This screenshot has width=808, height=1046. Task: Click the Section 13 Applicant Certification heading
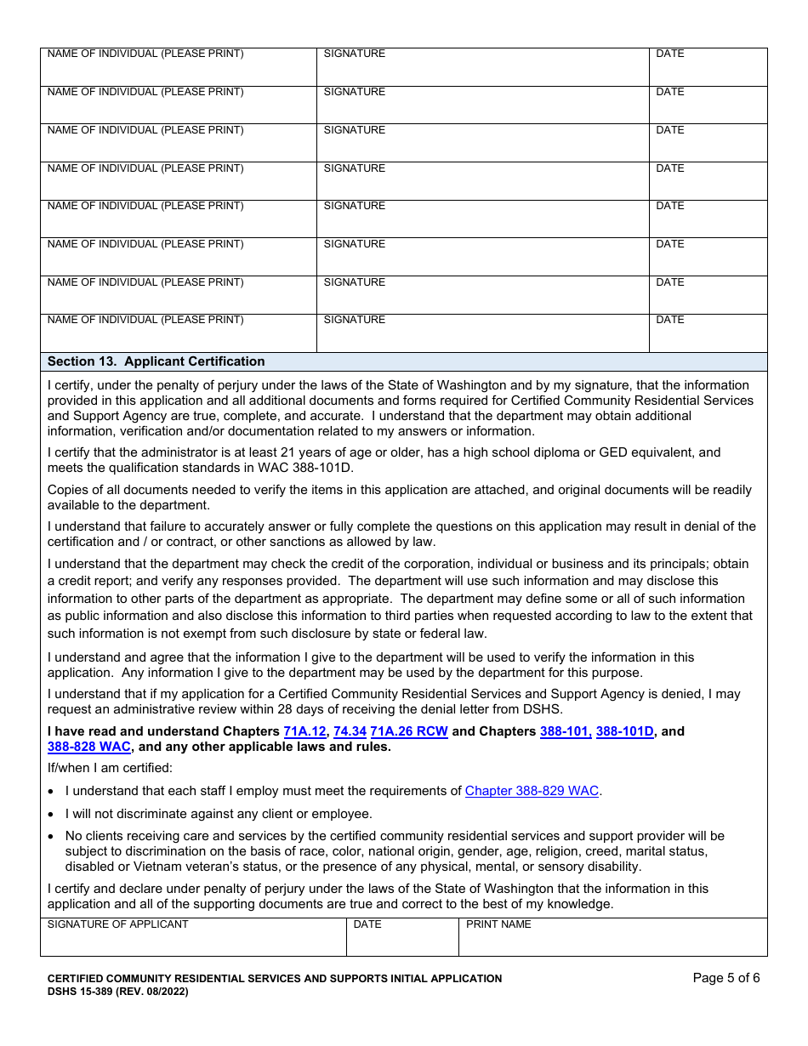156,361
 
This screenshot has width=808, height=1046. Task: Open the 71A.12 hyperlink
304,731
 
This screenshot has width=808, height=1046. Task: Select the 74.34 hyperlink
350,731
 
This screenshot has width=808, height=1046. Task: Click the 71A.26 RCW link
409,731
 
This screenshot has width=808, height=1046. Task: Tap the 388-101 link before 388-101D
565,731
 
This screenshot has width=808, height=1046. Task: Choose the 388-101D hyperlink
625,731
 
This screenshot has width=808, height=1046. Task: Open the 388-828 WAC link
89,747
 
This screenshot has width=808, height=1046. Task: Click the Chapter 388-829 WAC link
532,791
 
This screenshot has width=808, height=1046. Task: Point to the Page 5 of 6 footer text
725,978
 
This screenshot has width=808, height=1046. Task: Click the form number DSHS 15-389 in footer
117,992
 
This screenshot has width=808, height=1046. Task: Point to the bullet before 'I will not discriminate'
52,815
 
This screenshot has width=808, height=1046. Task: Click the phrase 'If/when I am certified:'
110,769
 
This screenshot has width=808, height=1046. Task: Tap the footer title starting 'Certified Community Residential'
274,979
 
